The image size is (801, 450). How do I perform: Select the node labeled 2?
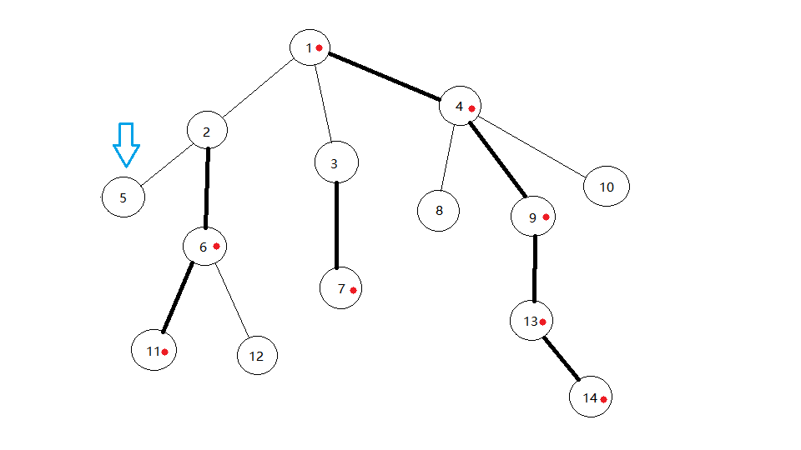point(207,132)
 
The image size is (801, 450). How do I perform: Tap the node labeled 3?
point(336,162)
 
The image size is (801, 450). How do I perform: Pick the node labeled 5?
point(123,197)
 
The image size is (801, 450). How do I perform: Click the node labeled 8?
point(439,210)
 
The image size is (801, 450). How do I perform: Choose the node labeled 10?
point(607,187)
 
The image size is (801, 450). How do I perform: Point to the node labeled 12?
point(257,356)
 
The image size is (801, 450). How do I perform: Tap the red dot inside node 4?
point(471,108)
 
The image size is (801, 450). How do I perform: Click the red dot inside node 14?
point(602,400)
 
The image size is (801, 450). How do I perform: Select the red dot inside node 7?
point(354,290)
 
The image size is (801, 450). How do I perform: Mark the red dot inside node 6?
point(216,246)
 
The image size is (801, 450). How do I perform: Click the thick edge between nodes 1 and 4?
point(385,77)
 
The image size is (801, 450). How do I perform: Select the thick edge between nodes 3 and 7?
point(337,225)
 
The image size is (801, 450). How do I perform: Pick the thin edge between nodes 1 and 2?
point(257,89)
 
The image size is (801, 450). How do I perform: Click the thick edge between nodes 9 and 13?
point(535,269)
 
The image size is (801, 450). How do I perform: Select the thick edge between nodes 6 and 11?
point(177,297)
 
